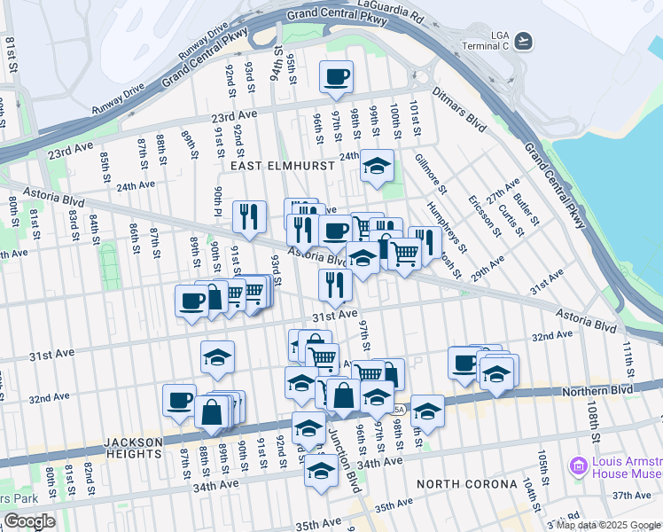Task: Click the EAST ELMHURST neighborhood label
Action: click(282, 166)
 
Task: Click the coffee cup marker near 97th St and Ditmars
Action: click(336, 78)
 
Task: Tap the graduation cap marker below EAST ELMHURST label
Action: click(377, 166)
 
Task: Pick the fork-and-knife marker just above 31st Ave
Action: click(335, 285)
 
